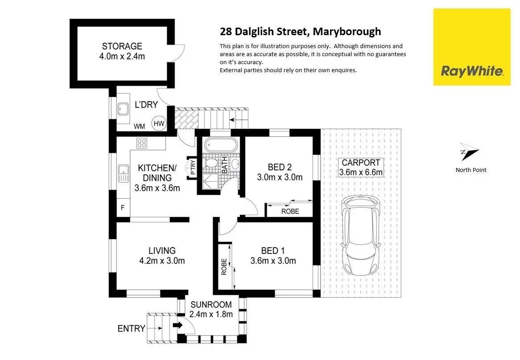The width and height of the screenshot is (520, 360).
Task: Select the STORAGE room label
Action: [122, 46]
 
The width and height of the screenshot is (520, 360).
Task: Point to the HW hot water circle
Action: [159, 123]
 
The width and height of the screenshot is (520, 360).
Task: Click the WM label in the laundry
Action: [140, 127]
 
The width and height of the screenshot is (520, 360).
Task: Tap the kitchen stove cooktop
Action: [142, 143]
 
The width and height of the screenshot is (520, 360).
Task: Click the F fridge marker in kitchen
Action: [123, 207]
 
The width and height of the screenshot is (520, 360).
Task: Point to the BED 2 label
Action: [280, 168]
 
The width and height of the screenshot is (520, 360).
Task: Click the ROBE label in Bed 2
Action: [290, 211]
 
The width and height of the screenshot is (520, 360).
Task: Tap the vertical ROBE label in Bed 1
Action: [224, 266]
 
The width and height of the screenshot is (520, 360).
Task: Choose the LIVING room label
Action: [162, 250]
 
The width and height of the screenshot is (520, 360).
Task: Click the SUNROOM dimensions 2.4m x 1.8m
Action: [211, 314]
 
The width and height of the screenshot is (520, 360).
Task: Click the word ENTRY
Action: [131, 329]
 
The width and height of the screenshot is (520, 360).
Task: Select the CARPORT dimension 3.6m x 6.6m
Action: [361, 172]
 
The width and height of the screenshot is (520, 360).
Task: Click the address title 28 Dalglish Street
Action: [301, 32]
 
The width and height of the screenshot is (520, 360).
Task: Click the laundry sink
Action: [124, 108]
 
